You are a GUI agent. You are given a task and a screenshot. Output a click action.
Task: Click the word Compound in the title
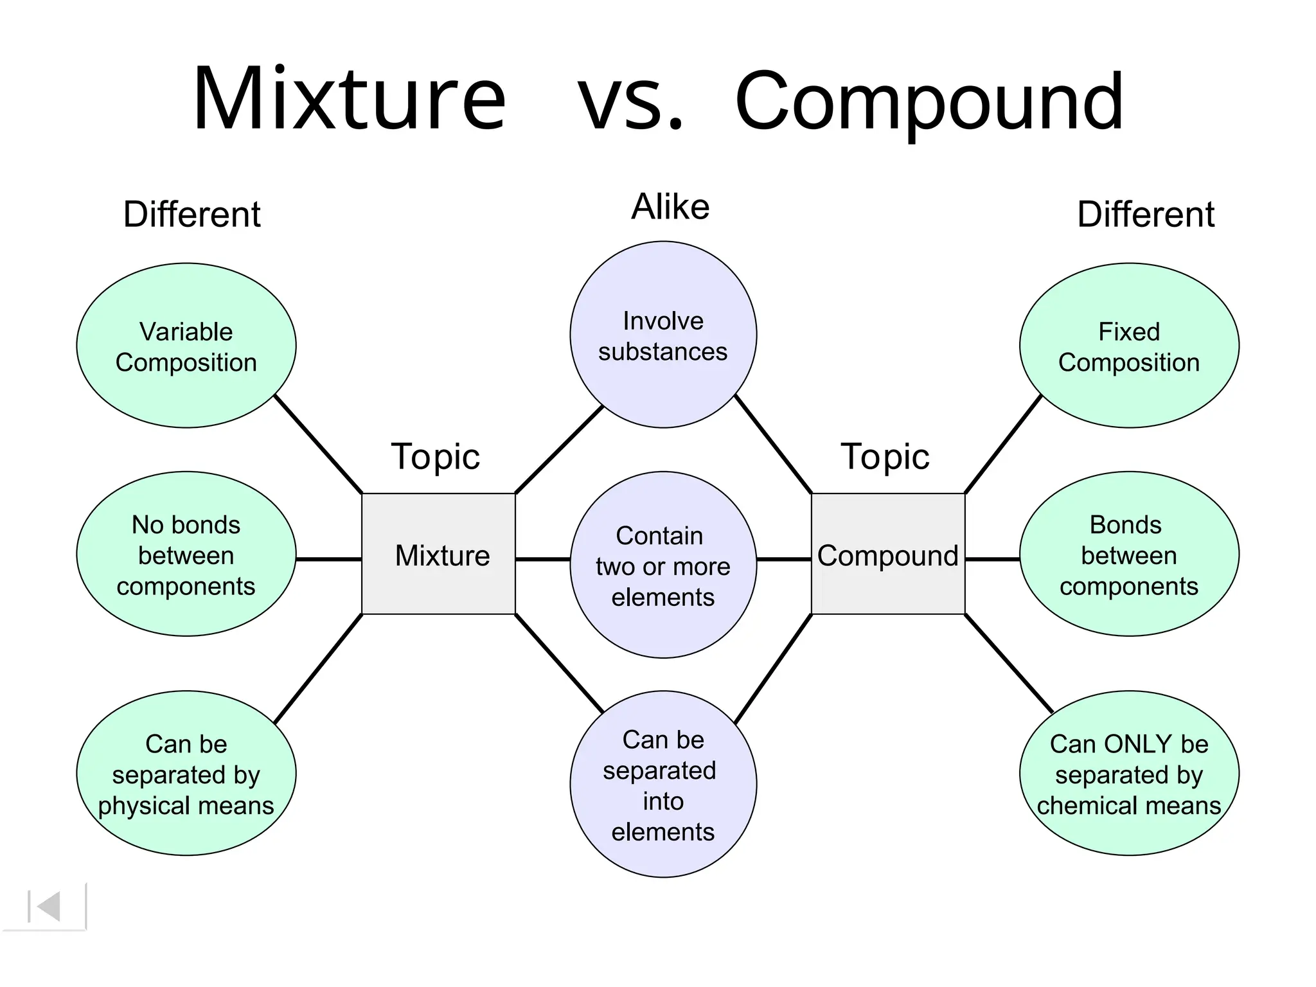(x=929, y=103)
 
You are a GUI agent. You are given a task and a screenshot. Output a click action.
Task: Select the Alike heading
(x=670, y=207)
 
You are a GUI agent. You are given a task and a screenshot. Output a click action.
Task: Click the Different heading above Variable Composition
(x=191, y=215)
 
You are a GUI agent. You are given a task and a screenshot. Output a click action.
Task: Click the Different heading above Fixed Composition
(x=1145, y=215)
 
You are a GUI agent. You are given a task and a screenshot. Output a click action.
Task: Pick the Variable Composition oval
(x=186, y=346)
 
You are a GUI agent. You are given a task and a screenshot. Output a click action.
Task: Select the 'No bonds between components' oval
(x=186, y=555)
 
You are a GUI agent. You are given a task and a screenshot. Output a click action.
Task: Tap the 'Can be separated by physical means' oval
(x=186, y=774)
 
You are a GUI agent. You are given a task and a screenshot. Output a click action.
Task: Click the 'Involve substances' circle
(x=663, y=335)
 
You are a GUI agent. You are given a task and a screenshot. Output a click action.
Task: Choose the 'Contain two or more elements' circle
(x=663, y=565)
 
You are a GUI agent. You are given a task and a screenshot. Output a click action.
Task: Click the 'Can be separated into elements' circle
(x=663, y=785)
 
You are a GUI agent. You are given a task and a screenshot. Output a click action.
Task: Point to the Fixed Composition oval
(x=1129, y=346)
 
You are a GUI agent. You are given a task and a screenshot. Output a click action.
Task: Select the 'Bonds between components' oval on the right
(x=1129, y=555)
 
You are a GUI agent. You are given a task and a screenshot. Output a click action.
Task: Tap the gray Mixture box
(x=439, y=555)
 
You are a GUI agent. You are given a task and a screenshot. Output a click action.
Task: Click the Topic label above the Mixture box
(x=435, y=457)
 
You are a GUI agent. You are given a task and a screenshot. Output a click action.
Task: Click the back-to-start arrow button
(x=45, y=907)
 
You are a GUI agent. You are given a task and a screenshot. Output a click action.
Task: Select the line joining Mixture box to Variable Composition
(x=319, y=445)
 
